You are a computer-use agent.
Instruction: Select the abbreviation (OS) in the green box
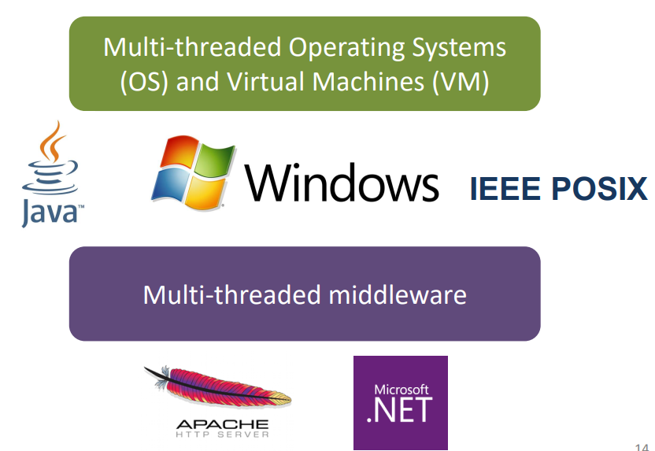pyautogui.click(x=144, y=82)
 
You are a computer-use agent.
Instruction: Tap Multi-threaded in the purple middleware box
pyautogui.click(x=231, y=294)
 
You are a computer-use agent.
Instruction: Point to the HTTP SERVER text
pyautogui.click(x=223, y=434)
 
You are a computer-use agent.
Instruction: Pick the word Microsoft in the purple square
pyautogui.click(x=401, y=390)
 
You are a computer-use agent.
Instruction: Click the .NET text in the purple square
pyautogui.click(x=400, y=410)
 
